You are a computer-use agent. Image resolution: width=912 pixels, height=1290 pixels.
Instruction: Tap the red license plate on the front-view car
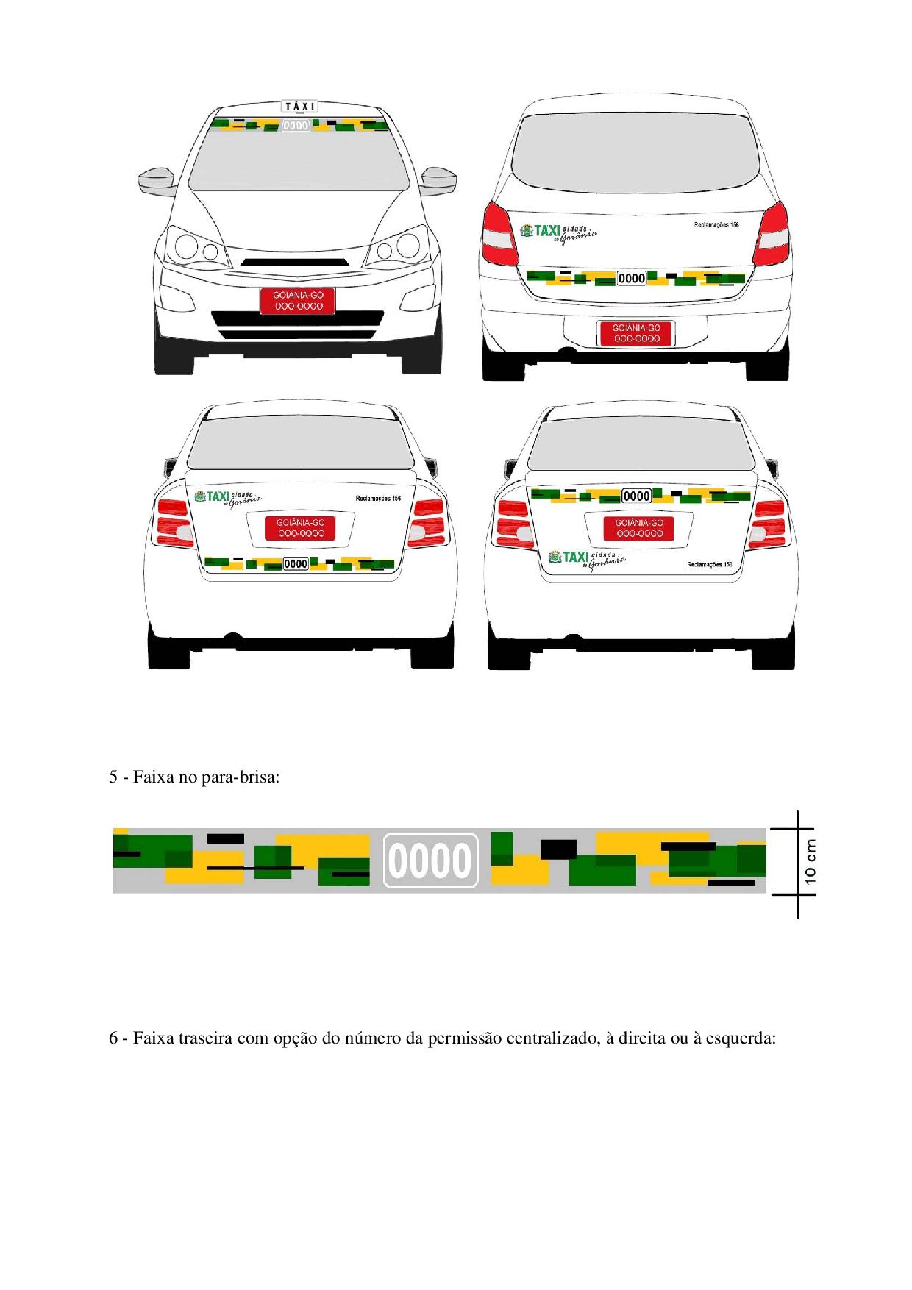tap(298, 301)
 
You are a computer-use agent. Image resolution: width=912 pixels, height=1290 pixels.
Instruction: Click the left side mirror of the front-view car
tap(157, 180)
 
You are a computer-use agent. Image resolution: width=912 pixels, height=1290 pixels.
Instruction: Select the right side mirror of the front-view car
tap(440, 179)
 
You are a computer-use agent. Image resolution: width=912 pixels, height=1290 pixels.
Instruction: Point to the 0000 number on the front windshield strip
tap(296, 126)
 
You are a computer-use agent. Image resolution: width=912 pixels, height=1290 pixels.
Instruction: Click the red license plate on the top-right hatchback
tap(637, 333)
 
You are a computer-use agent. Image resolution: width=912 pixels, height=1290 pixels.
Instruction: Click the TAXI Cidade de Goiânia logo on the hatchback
tap(558, 232)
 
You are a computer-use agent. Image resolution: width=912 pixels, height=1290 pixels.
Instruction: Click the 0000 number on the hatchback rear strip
tap(632, 278)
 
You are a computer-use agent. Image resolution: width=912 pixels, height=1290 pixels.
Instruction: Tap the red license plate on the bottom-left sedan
tap(300, 527)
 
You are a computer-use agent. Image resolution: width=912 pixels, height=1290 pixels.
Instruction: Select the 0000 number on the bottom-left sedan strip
tap(296, 564)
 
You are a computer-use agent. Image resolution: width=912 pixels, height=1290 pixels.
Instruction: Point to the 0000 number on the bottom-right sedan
tap(637, 496)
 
